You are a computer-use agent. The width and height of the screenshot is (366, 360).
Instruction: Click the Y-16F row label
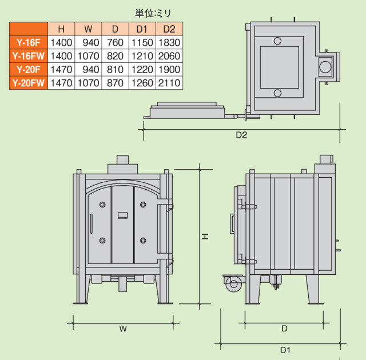point(28,42)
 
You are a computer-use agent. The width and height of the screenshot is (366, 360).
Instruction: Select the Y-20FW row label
point(28,83)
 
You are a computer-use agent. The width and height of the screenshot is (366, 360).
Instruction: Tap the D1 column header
point(142,29)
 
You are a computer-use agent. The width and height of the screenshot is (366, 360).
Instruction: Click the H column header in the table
point(61,29)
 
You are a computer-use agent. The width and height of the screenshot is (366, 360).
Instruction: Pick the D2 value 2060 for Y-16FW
point(169,56)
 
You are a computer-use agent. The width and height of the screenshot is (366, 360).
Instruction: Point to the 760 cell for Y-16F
point(116,42)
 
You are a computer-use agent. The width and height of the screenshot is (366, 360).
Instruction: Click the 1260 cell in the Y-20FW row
point(142,83)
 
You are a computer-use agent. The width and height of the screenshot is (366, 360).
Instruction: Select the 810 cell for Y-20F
point(116,70)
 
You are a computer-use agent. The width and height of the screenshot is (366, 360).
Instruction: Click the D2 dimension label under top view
point(241,135)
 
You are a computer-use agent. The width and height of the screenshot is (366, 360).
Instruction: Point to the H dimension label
point(205,236)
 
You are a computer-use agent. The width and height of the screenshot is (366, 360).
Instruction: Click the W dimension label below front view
point(122,329)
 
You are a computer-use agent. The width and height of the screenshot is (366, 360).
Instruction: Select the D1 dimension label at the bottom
point(284,350)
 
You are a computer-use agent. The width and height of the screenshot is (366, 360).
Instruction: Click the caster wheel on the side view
point(233,283)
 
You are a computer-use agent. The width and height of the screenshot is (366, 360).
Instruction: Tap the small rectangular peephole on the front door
point(122,215)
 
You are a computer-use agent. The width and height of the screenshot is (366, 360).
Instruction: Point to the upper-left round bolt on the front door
point(103,205)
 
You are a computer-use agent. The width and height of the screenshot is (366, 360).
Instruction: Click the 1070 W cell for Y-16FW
point(89,56)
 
